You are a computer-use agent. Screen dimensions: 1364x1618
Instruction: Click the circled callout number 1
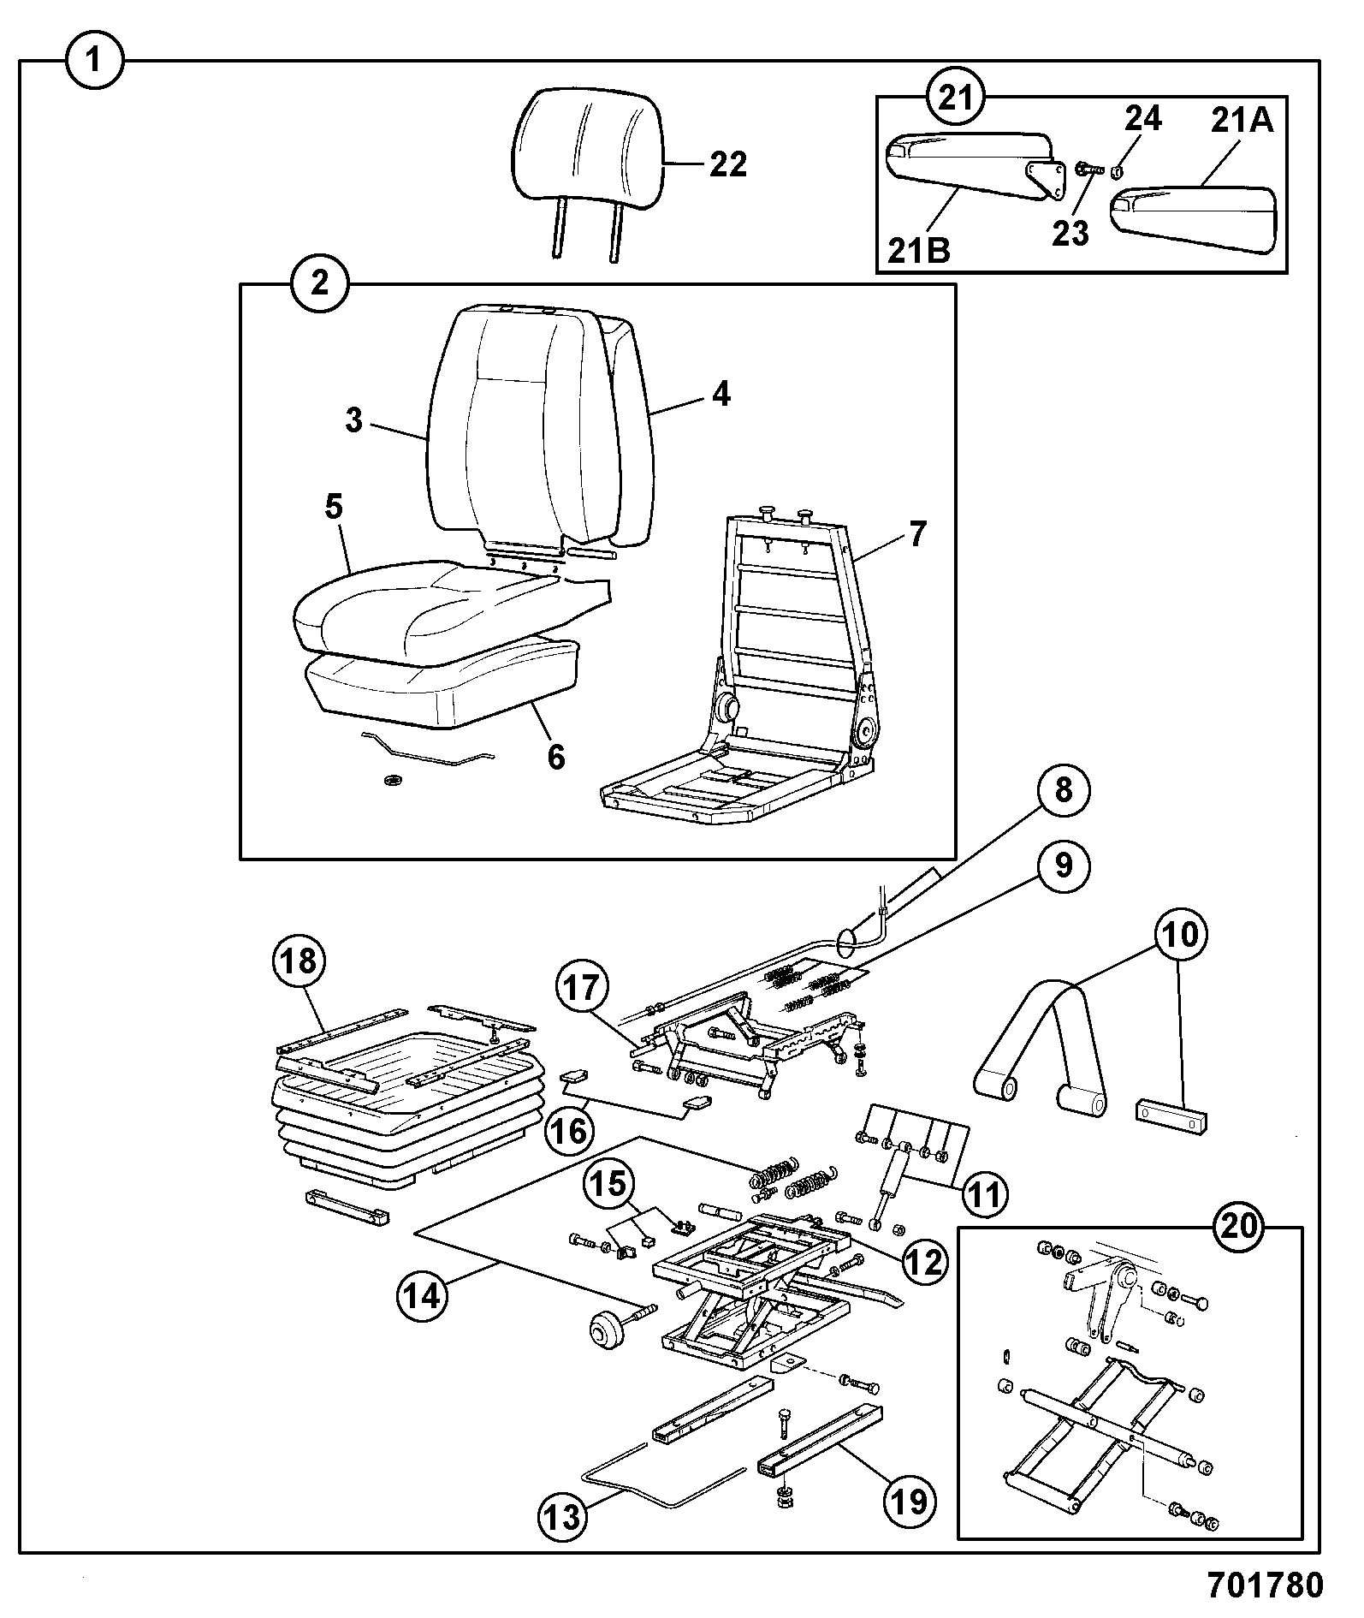coord(96,61)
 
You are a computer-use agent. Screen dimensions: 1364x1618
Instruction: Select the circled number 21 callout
coord(957,98)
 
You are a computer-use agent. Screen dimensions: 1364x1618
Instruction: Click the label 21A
coord(1242,122)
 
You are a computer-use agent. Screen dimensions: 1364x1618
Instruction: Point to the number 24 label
coord(1142,118)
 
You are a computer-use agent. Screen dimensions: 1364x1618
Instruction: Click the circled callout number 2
coord(319,283)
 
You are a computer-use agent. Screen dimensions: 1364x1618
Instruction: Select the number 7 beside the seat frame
coord(916,535)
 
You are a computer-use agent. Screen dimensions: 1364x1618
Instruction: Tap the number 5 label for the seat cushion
coord(333,507)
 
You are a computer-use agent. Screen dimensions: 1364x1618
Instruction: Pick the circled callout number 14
coord(424,1296)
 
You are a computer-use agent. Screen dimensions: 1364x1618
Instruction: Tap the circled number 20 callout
coord(1240,1227)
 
